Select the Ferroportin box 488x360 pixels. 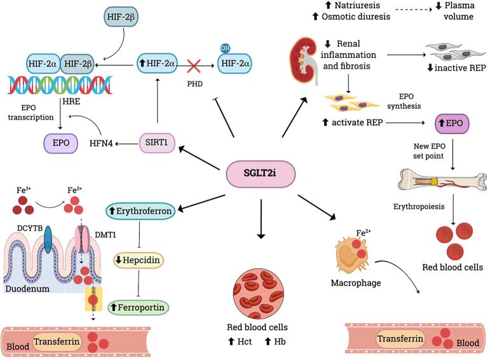[x=139, y=307]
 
